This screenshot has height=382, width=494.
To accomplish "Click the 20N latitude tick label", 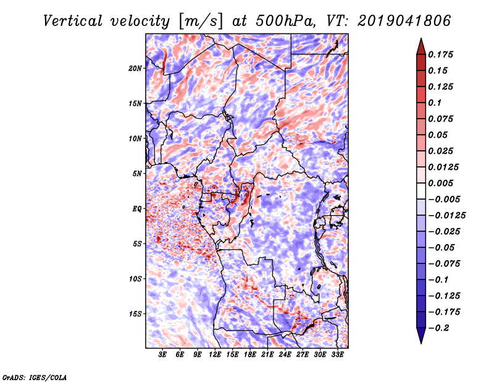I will pyautogui.click(x=135, y=68).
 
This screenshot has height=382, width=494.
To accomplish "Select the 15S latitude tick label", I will pyautogui.click(x=135, y=313).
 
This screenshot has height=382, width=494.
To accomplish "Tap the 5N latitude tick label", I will pyautogui.click(x=137, y=173).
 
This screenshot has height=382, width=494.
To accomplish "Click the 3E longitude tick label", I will pyautogui.click(x=163, y=355).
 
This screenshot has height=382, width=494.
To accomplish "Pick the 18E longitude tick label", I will pyautogui.click(x=250, y=355).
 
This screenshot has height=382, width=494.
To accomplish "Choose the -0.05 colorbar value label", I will pyautogui.click(x=442, y=247).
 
